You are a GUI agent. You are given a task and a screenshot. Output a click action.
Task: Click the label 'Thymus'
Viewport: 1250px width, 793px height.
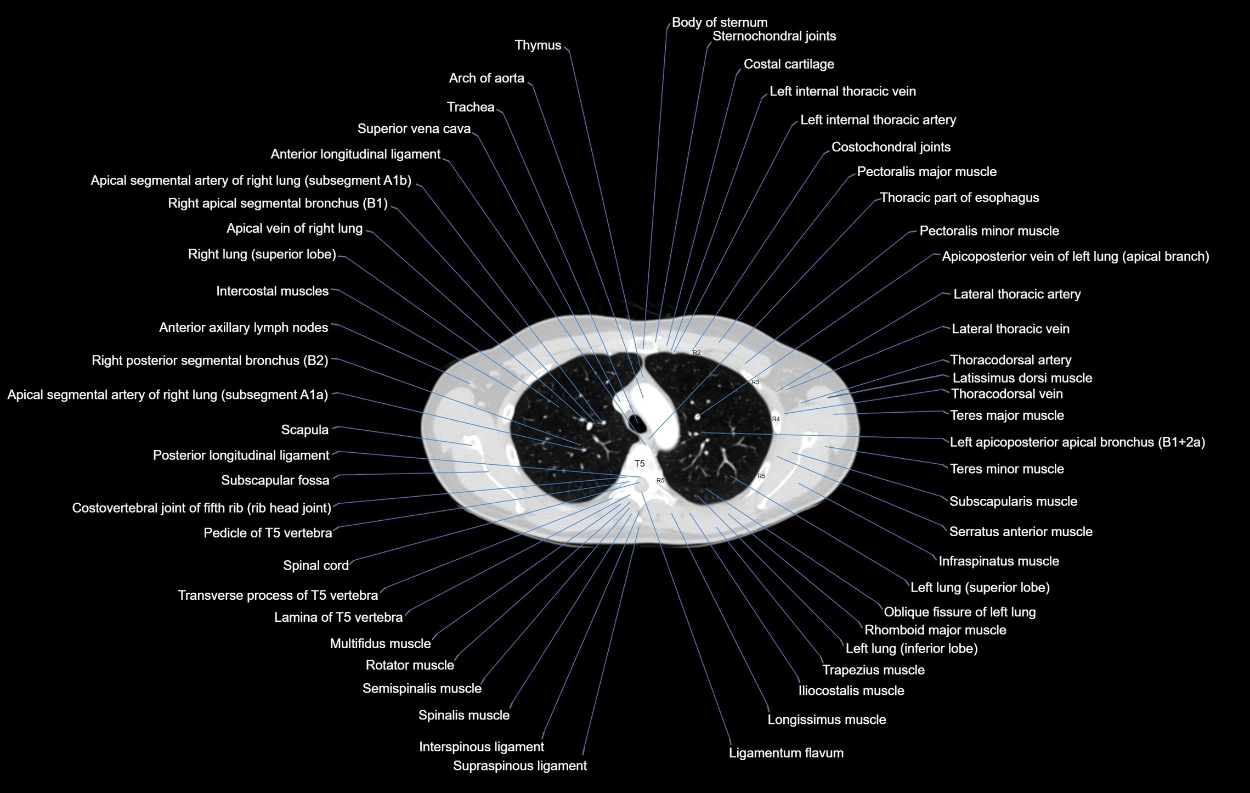click(538, 46)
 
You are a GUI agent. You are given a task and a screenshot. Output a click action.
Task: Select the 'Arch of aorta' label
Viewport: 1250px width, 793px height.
click(486, 78)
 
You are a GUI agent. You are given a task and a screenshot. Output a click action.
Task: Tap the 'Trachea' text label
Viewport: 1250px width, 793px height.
click(471, 107)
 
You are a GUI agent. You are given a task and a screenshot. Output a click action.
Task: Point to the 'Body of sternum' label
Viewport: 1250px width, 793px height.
click(719, 23)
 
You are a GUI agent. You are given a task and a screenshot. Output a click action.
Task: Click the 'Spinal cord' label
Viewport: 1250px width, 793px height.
click(315, 566)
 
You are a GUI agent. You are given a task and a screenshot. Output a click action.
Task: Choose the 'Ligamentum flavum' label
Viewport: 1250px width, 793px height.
click(785, 753)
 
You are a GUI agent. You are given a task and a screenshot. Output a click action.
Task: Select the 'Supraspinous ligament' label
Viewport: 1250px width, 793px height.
click(519, 766)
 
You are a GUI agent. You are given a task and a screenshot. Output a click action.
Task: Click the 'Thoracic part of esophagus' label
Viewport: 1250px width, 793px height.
click(959, 198)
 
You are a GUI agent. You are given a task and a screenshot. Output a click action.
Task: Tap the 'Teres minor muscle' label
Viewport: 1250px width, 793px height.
click(1006, 469)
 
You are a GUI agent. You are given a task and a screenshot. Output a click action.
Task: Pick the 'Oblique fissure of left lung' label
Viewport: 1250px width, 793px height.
click(959, 612)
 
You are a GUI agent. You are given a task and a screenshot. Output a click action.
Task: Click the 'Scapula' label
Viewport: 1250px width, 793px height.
click(304, 430)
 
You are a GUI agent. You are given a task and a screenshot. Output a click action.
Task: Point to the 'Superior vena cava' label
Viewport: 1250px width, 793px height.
click(414, 129)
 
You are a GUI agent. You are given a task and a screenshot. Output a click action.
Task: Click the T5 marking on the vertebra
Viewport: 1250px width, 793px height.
click(640, 464)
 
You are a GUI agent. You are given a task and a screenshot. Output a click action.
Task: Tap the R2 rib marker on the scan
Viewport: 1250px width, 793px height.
click(697, 353)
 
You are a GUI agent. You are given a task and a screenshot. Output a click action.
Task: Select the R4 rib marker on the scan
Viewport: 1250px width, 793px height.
click(776, 419)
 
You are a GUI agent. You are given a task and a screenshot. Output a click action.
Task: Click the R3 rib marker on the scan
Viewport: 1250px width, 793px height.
click(755, 382)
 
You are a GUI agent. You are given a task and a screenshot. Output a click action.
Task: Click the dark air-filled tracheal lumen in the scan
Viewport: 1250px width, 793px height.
click(637, 423)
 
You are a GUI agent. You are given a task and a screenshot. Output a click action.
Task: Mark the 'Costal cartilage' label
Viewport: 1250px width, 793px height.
click(788, 64)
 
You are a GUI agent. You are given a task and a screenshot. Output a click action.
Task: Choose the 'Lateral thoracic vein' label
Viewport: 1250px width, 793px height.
click(1010, 329)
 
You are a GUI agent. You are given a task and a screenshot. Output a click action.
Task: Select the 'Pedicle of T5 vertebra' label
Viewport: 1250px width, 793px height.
click(268, 533)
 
